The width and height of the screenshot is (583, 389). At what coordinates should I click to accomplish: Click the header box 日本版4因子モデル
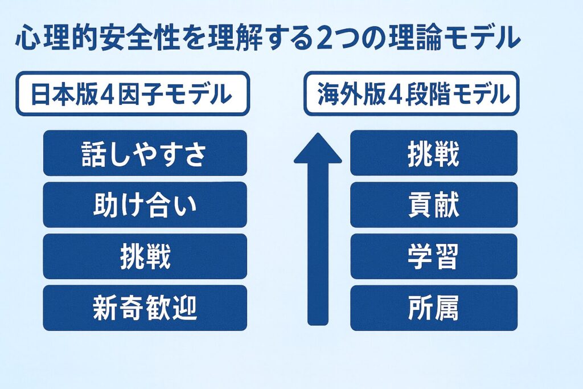[132, 94]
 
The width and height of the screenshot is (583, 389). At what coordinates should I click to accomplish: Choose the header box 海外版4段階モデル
[411, 94]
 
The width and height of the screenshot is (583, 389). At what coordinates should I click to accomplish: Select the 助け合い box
[145, 204]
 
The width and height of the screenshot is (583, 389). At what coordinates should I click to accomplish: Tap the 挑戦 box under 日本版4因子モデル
[145, 256]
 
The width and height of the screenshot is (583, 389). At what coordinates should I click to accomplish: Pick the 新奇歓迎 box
[145, 308]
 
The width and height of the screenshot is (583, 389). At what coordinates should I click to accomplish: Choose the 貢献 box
[434, 204]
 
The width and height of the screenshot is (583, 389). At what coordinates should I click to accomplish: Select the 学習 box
[434, 256]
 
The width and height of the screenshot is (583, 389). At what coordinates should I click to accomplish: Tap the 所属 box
[434, 308]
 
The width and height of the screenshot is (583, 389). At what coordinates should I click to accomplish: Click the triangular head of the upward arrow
[318, 149]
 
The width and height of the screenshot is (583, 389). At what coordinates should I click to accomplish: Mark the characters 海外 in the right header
[338, 95]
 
